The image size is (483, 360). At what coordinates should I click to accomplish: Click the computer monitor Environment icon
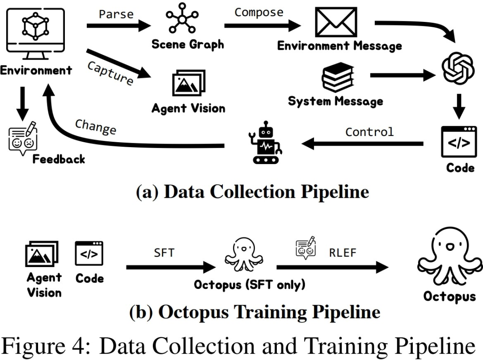[36, 34]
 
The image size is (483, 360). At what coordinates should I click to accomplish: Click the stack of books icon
[338, 77]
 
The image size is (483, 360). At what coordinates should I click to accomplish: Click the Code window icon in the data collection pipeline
[459, 142]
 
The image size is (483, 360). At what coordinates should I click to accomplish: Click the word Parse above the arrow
[116, 14]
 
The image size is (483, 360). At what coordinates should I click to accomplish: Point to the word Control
[369, 132]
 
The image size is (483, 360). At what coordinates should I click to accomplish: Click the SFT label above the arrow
[164, 253]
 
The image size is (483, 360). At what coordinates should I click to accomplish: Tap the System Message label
[335, 101]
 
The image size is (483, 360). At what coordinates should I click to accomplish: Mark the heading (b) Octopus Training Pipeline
[254, 312]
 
